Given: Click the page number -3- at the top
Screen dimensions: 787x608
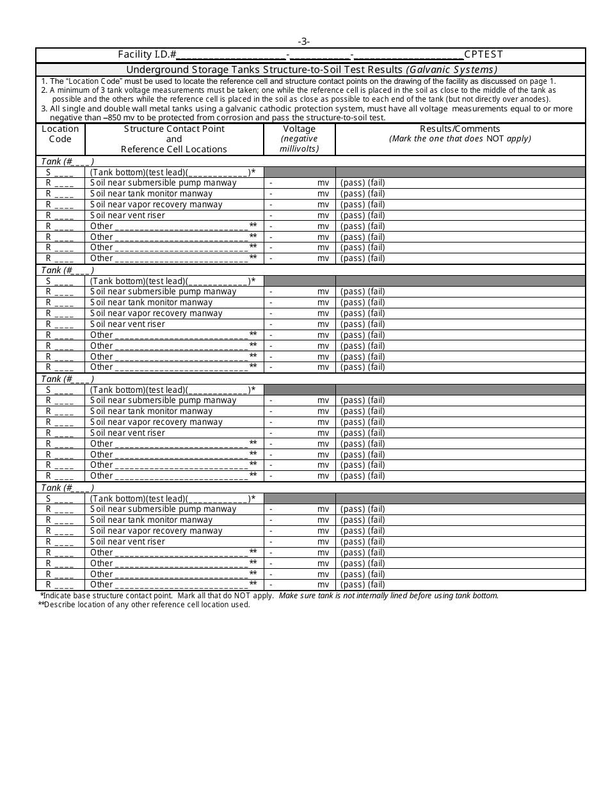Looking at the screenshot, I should click(x=303, y=42).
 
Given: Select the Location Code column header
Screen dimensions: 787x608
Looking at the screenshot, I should click(x=60, y=134).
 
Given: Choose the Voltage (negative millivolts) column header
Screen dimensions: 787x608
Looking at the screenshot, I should click(x=299, y=139).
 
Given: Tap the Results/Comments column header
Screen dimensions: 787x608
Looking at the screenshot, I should click(x=460, y=129).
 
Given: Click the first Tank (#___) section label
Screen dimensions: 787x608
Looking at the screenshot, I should click(x=67, y=162).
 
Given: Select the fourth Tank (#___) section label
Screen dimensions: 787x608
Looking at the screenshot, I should click(x=67, y=488).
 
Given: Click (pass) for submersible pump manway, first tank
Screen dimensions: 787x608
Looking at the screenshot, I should click(x=352, y=183).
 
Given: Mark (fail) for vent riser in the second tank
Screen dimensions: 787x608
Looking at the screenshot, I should click(x=376, y=324).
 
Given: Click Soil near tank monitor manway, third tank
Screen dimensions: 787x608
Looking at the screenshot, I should click(x=151, y=411).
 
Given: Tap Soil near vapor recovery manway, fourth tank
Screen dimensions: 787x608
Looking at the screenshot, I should click(x=156, y=531).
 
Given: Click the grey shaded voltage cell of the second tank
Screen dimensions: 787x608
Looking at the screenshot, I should click(x=299, y=281).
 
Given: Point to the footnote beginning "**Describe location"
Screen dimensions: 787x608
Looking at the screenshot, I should click(x=144, y=605).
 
